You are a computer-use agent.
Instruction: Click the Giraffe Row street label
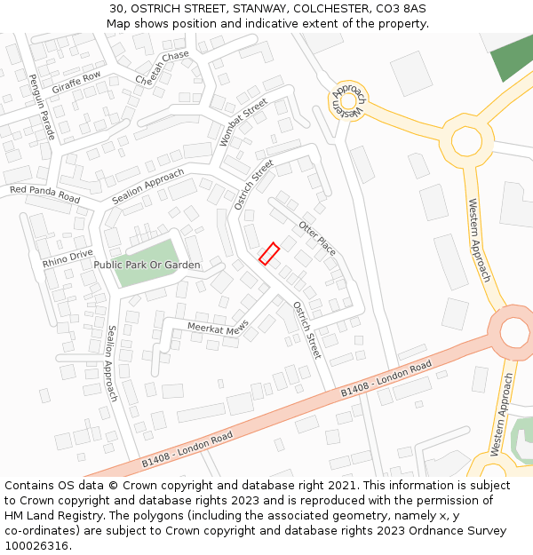[x=76, y=83]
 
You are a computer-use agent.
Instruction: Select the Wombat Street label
[x=243, y=123]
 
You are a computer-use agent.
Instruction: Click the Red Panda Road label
[x=44, y=194]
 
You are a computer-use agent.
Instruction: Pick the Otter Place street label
[x=317, y=237]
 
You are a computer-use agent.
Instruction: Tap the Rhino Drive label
[x=68, y=259]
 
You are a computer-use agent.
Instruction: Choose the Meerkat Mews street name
[x=218, y=329]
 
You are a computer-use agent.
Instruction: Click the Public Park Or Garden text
[x=147, y=265]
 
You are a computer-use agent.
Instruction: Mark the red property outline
[x=269, y=253]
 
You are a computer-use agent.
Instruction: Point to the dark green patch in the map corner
[x=513, y=55]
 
